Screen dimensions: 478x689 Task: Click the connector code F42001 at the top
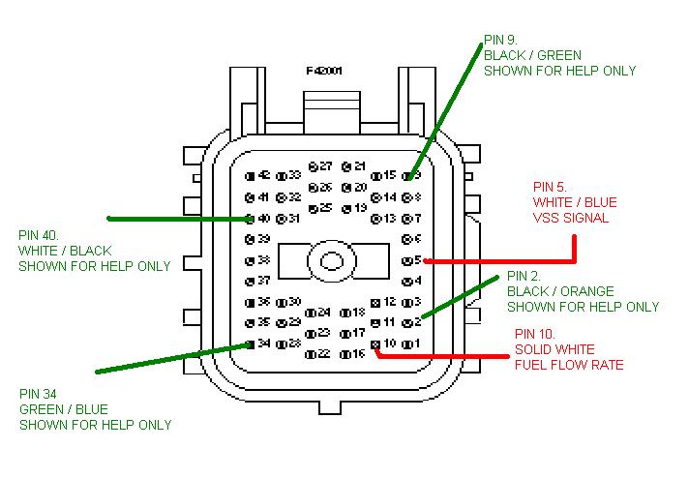point(324,71)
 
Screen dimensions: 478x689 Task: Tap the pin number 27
point(322,166)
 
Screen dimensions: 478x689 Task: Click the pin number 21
point(358,166)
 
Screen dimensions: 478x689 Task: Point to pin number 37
point(263,281)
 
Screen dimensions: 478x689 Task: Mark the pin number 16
point(358,354)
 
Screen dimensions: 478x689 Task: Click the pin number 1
point(414,344)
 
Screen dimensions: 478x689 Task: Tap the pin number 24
point(322,313)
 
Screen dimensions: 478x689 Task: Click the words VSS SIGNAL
point(571,218)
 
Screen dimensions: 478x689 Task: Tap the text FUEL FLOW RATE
point(568,365)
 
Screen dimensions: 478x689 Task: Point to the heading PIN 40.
point(38,235)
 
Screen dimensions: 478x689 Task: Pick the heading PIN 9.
point(499,40)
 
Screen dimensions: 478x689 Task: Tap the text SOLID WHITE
point(554,349)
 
